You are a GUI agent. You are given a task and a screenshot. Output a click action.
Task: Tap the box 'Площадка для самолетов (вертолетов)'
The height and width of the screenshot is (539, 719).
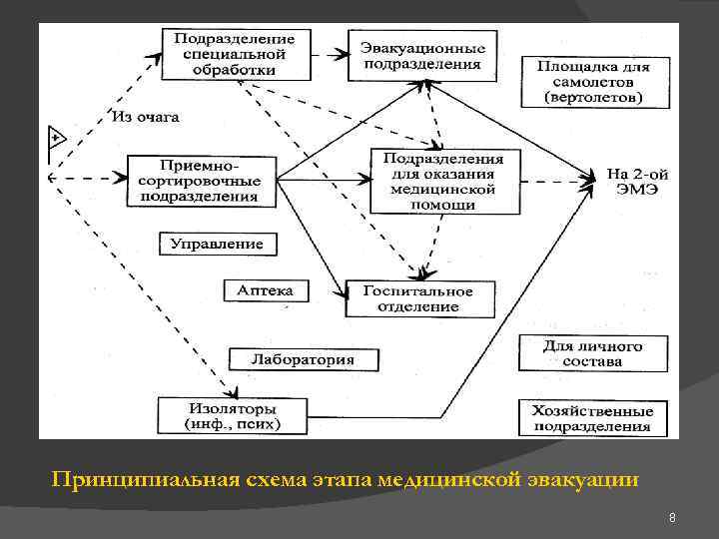(593, 82)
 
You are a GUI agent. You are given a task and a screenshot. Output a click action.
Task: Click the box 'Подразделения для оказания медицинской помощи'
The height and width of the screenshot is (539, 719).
(444, 181)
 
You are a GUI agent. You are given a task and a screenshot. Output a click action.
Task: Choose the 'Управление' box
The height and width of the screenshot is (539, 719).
(217, 245)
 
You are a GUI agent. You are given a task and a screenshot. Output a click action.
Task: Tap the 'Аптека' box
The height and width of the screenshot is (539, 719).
(265, 290)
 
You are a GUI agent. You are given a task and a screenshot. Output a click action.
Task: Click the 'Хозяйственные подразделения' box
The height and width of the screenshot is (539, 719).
(592, 418)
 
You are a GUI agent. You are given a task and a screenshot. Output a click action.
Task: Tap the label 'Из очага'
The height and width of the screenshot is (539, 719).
(146, 117)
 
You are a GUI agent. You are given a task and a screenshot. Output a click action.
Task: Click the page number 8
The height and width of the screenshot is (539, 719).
(673, 517)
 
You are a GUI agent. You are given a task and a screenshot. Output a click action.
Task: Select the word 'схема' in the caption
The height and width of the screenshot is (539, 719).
(271, 480)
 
